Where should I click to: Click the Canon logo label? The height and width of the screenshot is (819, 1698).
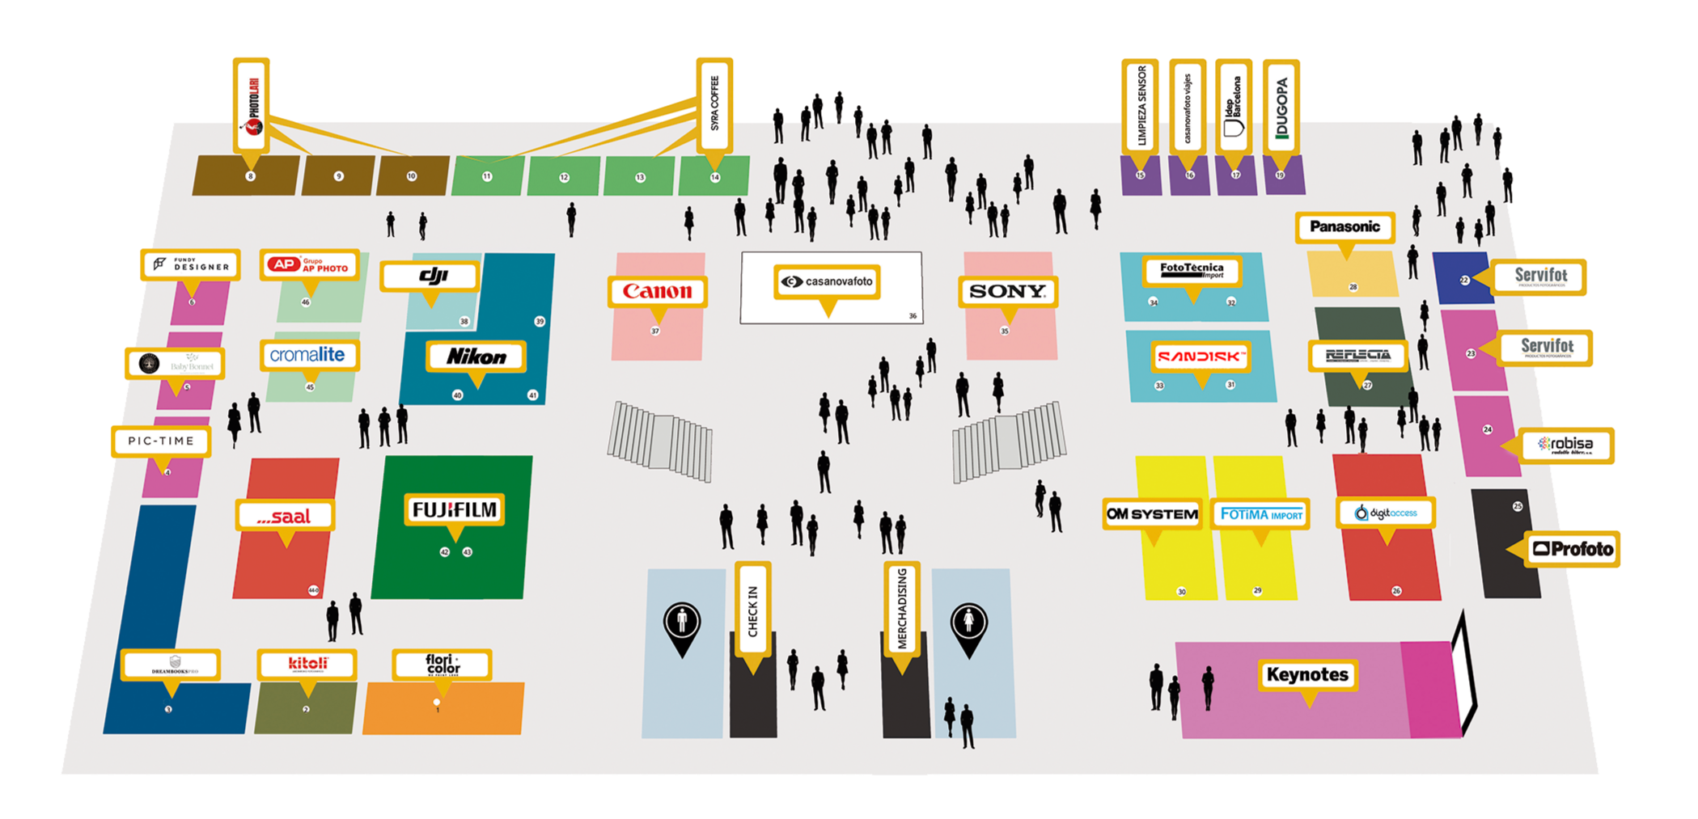click(x=657, y=291)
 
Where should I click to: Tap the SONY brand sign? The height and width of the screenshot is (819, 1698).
click(x=1007, y=291)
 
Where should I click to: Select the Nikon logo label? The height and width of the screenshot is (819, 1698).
click(x=476, y=356)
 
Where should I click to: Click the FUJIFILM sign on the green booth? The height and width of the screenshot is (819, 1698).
click(x=455, y=509)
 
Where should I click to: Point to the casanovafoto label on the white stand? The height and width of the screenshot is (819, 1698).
click(x=827, y=281)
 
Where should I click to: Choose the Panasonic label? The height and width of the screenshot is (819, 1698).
click(x=1344, y=226)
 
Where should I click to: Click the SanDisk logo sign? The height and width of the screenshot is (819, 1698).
click(x=1200, y=356)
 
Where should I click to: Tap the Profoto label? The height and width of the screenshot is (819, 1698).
click(x=1572, y=549)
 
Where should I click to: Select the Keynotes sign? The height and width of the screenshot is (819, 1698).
click(x=1307, y=674)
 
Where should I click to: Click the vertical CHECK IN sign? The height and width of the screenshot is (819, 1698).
click(x=752, y=612)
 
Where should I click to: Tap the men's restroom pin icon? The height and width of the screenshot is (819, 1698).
click(x=682, y=625)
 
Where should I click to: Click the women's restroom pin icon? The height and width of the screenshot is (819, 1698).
click(x=969, y=625)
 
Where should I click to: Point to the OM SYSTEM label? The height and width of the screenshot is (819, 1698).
click(x=1152, y=513)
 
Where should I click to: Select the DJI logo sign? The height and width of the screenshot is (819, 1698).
click(x=430, y=277)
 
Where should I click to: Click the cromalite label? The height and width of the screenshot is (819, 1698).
click(x=308, y=354)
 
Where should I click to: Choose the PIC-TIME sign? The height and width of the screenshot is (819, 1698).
click(x=161, y=441)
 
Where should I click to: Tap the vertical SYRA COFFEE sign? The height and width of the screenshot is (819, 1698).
click(x=714, y=103)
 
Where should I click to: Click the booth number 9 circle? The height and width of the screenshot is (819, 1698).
click(x=339, y=176)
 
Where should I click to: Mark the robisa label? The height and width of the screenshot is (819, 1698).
click(x=1566, y=445)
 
